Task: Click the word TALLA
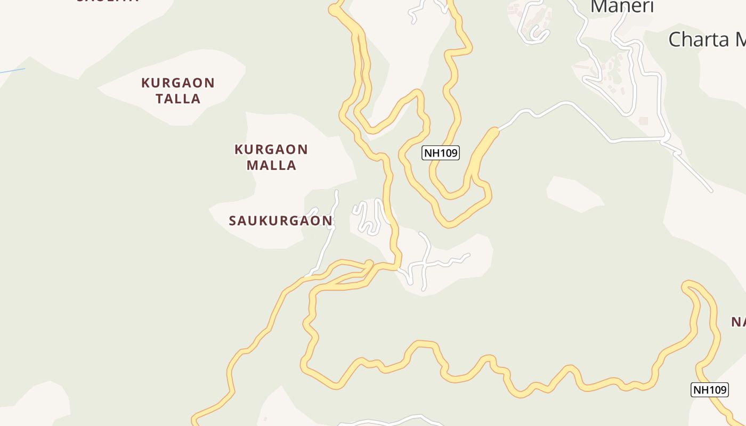point(178,99)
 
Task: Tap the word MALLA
point(271,165)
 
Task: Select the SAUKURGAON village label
point(280,220)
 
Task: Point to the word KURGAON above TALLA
point(178,83)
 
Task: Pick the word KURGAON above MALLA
point(271,150)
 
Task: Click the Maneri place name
point(622,6)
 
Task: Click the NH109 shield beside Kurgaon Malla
point(441,153)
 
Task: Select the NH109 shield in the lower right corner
point(709,390)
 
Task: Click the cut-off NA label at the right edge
point(738,322)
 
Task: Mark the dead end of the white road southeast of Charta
point(711,191)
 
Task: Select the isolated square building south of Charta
point(643,121)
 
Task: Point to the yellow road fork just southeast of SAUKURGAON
point(369,264)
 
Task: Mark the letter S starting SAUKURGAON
point(233,221)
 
